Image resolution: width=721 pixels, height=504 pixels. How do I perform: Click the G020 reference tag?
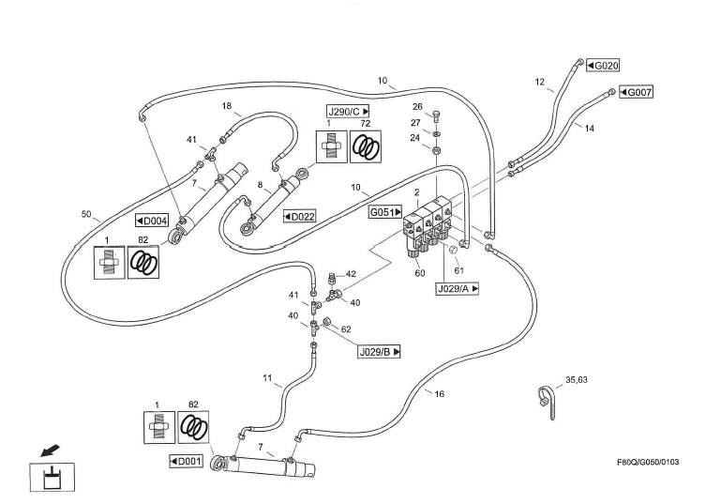click(602, 65)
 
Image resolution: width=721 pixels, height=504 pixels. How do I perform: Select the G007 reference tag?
click(635, 92)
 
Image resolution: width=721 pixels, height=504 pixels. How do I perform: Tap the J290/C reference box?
click(348, 111)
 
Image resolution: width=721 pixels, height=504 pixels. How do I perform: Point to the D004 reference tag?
click(151, 221)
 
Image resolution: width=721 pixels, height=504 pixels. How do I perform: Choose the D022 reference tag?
click(299, 216)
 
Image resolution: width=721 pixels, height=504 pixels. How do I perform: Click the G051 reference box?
click(386, 213)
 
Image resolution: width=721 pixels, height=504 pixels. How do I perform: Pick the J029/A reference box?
click(458, 289)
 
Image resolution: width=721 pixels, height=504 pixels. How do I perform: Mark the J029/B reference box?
click(381, 351)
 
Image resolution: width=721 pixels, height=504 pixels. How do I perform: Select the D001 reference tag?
click(187, 461)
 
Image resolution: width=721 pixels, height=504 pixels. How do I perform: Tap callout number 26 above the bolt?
click(417, 106)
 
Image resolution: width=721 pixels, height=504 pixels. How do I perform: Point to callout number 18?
click(226, 106)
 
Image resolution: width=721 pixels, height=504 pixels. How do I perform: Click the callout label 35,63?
click(578, 381)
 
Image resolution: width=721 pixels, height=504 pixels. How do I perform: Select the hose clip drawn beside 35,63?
click(547, 399)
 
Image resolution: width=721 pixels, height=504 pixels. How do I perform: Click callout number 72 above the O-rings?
click(365, 123)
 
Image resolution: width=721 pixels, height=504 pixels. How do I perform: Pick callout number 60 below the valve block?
click(419, 273)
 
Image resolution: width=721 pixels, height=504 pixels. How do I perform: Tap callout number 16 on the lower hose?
click(440, 394)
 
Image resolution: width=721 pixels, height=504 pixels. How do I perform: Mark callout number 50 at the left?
click(85, 215)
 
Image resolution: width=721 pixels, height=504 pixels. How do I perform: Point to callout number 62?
click(346, 329)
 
